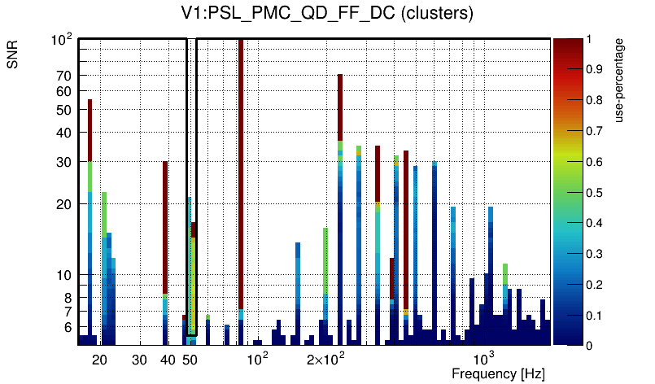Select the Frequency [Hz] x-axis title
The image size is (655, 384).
click(x=498, y=373)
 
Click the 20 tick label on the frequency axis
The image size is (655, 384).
click(x=99, y=359)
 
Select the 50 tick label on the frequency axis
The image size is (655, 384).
click(x=190, y=359)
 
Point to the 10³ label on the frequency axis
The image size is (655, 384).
click(x=484, y=359)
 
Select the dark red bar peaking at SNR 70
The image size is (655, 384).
click(x=339, y=106)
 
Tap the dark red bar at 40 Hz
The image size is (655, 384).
click(x=165, y=228)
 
